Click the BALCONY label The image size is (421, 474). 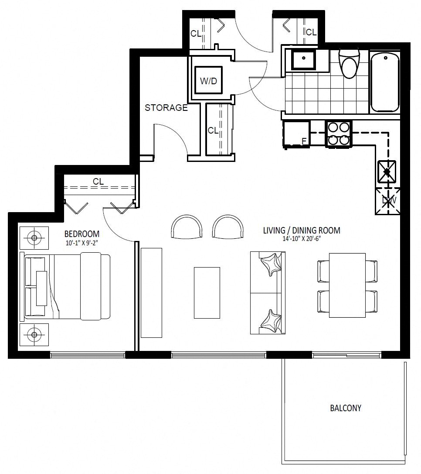tap(346, 408)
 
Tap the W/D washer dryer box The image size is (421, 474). tap(208, 80)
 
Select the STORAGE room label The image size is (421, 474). tap(166, 108)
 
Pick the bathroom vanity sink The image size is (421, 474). tap(304, 59)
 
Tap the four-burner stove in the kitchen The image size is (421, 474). tap(338, 134)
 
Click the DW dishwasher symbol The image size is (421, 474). tap(388, 201)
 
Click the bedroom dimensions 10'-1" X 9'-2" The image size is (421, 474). tap(82, 242)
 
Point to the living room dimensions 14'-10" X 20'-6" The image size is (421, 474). tap(302, 238)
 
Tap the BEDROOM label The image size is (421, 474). tap(82, 234)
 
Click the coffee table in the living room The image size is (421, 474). tap(207, 292)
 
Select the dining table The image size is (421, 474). tap(347, 285)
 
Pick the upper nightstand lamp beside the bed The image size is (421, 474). tap(34, 238)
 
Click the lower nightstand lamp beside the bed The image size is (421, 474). tap(34, 335)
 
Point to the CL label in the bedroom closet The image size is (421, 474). tap(98, 182)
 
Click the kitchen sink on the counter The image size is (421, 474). tap(387, 172)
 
